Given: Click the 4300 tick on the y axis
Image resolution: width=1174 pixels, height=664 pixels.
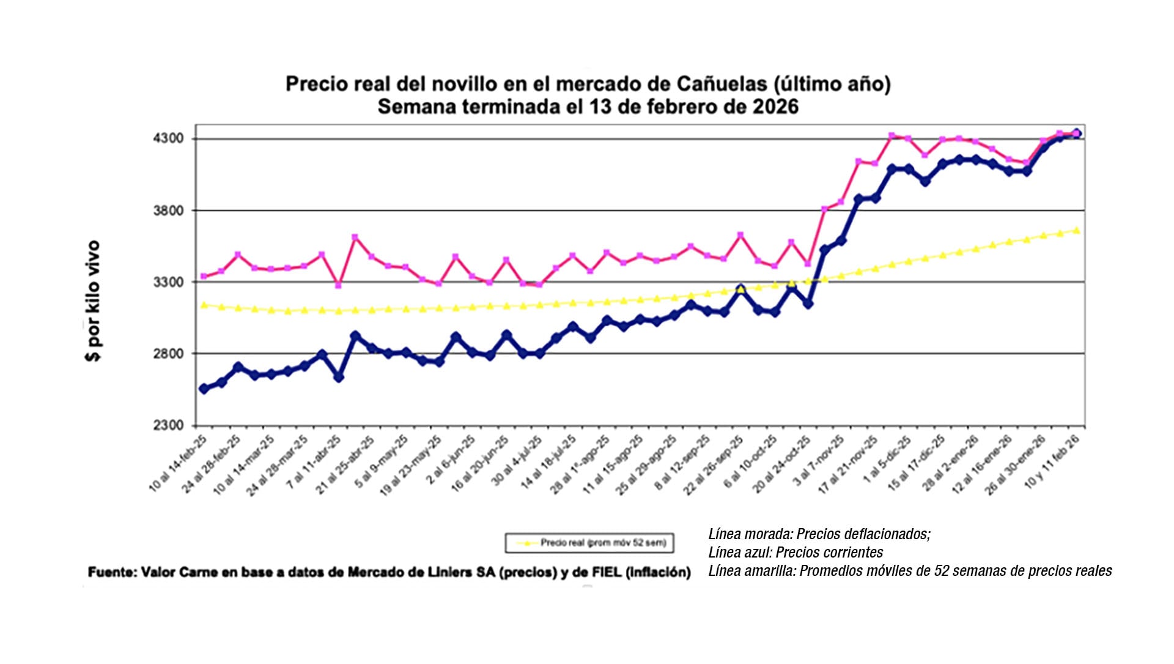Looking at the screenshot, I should (x=168, y=138).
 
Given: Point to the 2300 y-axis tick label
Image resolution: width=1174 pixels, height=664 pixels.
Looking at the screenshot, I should (x=168, y=425).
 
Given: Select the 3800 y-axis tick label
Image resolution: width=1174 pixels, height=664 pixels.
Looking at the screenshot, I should (x=168, y=211).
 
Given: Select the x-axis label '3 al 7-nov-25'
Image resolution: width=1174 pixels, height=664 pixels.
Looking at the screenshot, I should (x=819, y=462).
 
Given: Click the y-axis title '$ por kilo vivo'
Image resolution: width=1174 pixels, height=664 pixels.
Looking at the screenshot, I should (x=93, y=301).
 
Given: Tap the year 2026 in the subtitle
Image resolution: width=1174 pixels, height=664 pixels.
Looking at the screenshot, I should (x=775, y=106).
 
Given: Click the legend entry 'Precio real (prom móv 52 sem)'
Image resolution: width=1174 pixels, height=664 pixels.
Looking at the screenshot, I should (x=602, y=543).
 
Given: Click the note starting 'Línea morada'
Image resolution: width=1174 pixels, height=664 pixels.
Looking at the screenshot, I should (x=819, y=534).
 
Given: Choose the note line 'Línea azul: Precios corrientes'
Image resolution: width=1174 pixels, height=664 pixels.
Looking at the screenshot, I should (x=796, y=553).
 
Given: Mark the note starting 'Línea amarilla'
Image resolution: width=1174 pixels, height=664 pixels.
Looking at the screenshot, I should (x=910, y=571).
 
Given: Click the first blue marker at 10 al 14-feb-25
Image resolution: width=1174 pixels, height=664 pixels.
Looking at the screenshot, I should (x=204, y=389).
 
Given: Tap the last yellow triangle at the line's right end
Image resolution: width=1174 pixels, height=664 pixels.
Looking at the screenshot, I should (x=1076, y=230).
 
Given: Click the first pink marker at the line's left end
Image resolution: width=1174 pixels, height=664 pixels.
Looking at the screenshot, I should (x=204, y=277).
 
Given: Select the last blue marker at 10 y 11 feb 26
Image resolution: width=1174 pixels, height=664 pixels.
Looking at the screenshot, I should (x=1077, y=133).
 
